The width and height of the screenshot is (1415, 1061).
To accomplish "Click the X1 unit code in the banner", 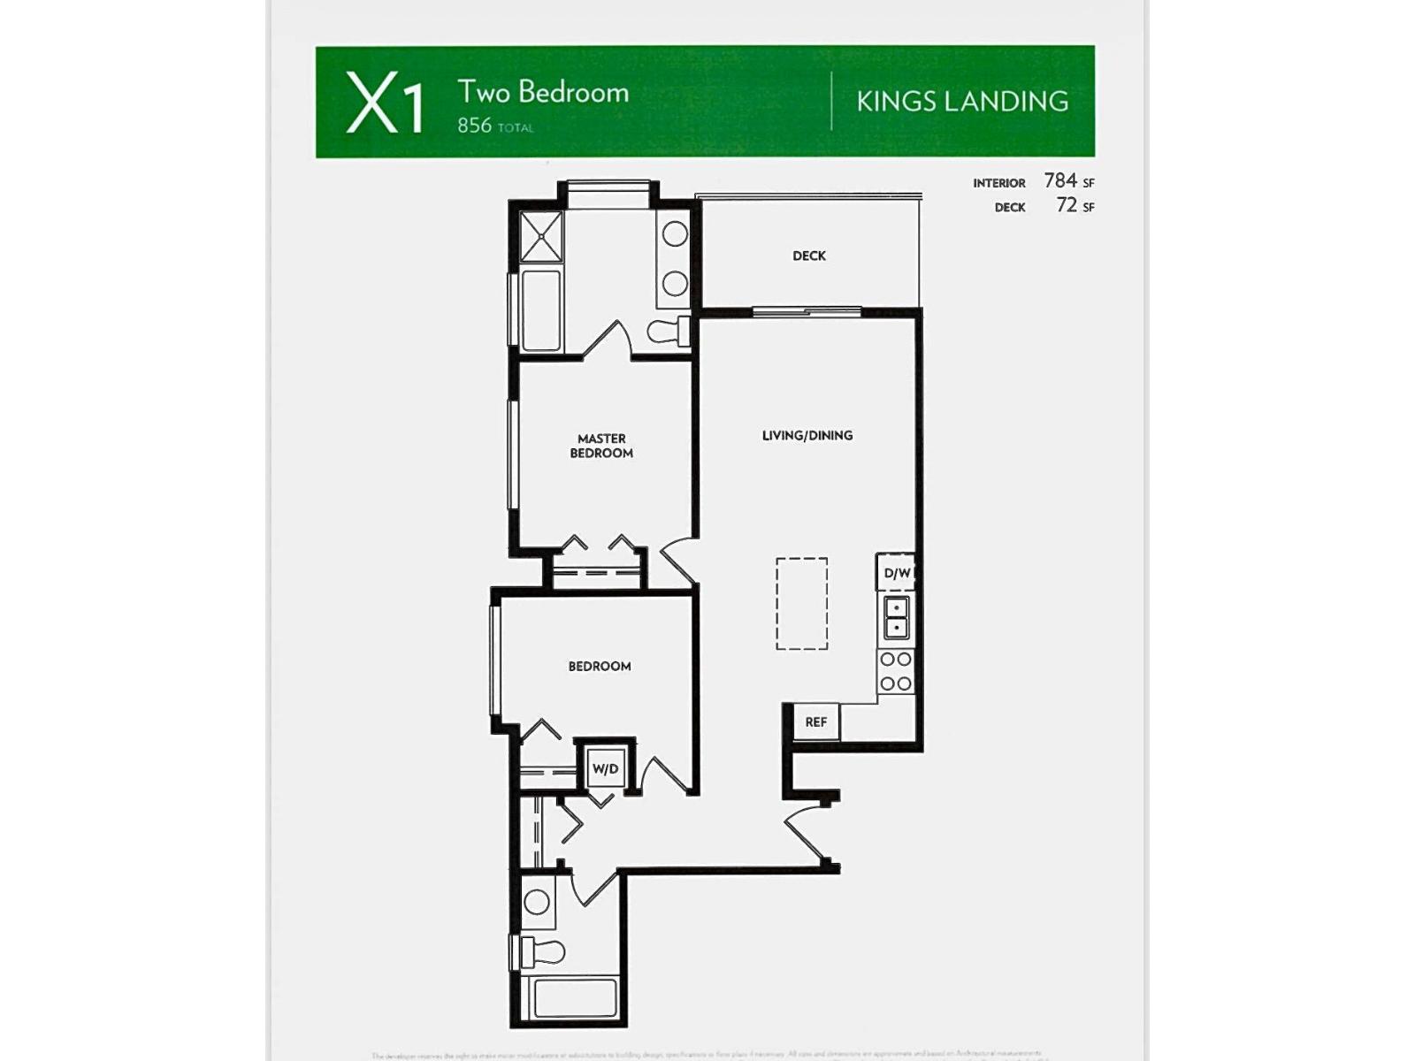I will pos(385,103).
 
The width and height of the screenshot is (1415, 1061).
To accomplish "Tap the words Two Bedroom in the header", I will pos(542,92).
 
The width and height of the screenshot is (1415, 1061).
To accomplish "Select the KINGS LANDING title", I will pos(962,102).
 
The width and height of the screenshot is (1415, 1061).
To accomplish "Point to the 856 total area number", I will pos(475,126).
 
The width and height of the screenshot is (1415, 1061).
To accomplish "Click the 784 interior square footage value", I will pos(1060,180).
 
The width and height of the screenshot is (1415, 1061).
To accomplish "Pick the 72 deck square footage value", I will pos(1067,205).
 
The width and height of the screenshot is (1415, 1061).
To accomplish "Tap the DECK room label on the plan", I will pos(809,256).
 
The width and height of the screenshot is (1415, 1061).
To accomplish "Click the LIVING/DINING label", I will pos(807,436).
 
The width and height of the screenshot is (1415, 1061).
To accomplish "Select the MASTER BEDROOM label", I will pos(601,446).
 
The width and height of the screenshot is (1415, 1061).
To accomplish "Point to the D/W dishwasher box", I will pos(896,573).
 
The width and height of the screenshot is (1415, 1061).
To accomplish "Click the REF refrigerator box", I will pos(815,722).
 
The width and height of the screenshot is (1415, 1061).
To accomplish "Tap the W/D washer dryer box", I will pos(605,768).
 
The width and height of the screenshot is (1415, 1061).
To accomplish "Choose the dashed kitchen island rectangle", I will pos(802,603).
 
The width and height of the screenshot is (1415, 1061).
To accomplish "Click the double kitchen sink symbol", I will pos(896,617).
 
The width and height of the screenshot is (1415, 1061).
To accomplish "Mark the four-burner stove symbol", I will pos(896,672).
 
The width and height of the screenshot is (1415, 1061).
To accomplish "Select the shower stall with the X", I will pos(541,236).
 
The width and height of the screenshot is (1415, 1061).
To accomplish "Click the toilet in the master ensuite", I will pos(669,332).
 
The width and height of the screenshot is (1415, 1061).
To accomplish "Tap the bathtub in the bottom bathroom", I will pos(575,999).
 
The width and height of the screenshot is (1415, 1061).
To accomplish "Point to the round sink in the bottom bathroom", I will pos(536,903).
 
